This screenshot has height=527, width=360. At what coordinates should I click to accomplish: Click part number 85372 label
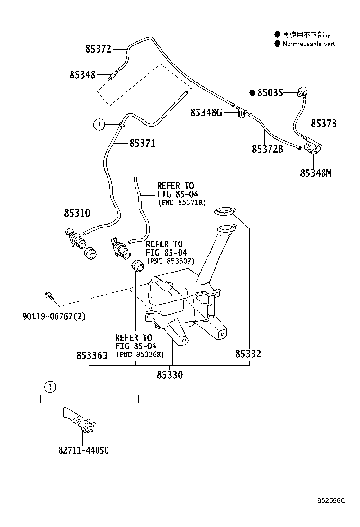pos(98,49)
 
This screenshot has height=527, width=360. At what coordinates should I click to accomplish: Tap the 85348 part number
pos(82,74)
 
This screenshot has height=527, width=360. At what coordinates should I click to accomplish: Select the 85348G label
pos(206,112)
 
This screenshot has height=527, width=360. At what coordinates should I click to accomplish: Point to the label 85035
pos(270,93)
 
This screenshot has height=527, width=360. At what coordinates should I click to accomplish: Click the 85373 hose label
pos(324,123)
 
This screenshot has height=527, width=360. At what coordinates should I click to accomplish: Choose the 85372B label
pos(268,149)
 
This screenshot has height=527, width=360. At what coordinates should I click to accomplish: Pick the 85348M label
pos(315,173)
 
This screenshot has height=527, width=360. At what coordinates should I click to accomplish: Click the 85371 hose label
pos(143,144)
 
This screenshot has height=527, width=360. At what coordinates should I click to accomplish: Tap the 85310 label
pos(77,213)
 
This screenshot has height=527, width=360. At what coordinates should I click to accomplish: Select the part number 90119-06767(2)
pos(54,316)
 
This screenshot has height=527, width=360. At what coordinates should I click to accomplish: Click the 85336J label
pos(92,355)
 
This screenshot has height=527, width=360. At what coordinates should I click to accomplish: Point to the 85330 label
pos(170,375)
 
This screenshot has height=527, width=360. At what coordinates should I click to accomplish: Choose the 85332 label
pos(248,354)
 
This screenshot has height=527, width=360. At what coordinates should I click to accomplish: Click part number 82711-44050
pos(84,450)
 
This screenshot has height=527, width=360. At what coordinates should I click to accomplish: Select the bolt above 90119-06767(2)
pos(49,296)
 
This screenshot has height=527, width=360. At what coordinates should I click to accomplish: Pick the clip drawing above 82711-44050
pos(79,421)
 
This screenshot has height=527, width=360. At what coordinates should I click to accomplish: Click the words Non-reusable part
pos(309,44)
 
